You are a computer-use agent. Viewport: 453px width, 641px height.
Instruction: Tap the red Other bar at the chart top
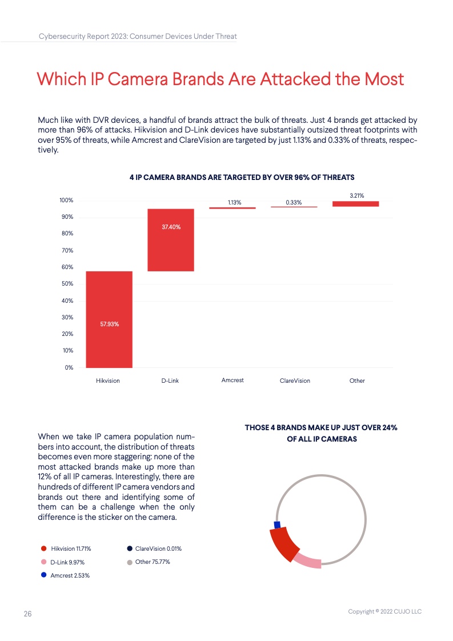[356, 203]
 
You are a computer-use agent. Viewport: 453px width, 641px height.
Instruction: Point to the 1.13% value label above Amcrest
[234, 203]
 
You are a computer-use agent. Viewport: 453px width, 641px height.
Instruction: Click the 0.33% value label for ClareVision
[294, 203]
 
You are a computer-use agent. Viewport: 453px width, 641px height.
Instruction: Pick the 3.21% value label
[356, 196]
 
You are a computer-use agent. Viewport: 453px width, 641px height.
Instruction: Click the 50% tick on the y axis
[67, 284]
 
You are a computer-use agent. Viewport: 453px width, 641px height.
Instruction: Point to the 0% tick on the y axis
[69, 367]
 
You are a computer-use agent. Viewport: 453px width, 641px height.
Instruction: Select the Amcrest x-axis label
[232, 380]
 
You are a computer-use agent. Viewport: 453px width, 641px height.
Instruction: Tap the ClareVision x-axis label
[295, 380]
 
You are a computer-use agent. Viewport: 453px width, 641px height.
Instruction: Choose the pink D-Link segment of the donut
[308, 560]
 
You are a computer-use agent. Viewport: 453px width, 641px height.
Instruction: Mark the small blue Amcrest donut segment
[277, 524]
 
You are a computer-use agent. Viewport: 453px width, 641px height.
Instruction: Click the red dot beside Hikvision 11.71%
[43, 548]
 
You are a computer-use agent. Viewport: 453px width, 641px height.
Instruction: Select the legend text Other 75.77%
[153, 562]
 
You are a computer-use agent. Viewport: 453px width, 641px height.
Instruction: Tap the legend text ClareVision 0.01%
[158, 548]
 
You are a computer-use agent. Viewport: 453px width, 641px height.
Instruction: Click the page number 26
[27, 614]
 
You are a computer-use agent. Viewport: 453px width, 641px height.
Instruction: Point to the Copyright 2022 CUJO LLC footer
[384, 612]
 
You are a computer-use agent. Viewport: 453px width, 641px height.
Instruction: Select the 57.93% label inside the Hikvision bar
[109, 324]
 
